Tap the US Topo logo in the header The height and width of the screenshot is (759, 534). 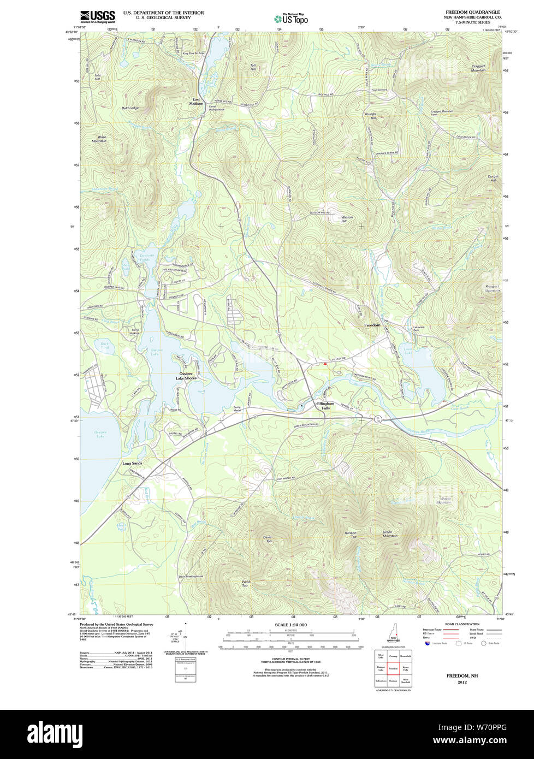(x=291, y=19)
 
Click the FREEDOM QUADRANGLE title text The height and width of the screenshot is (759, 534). (x=472, y=12)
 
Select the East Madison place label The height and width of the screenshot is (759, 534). (x=196, y=102)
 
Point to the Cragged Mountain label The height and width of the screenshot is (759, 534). (x=478, y=68)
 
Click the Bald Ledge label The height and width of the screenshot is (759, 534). (x=130, y=108)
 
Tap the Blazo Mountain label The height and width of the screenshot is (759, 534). (x=99, y=139)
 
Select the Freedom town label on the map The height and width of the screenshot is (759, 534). (x=372, y=325)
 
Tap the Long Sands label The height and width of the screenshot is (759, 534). (x=132, y=463)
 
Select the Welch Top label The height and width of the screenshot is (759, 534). (x=246, y=583)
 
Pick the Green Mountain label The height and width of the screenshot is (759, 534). (x=390, y=534)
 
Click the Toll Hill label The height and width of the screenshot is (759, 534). (x=253, y=67)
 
